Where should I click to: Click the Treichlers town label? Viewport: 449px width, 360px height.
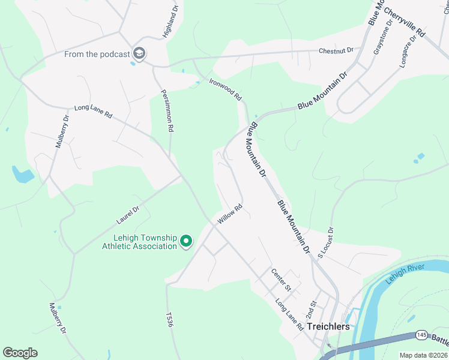[328, 327]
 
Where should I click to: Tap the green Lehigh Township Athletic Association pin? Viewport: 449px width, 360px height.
[186, 242]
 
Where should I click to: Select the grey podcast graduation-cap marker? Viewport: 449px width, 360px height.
[140, 54]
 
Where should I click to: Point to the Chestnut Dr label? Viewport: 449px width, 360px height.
[336, 50]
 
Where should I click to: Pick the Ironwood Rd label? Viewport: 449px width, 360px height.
[225, 89]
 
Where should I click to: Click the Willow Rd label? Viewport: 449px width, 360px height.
[229, 214]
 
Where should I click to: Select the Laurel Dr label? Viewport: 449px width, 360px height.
[127, 217]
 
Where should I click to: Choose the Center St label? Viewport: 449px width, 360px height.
[280, 279]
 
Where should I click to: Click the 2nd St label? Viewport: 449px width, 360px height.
[310, 310]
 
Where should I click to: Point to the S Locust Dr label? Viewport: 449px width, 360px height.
[325, 243]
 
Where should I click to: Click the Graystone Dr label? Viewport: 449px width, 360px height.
[382, 37]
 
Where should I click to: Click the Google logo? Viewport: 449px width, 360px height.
[20, 352]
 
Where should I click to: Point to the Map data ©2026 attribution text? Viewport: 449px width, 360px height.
[423, 355]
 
